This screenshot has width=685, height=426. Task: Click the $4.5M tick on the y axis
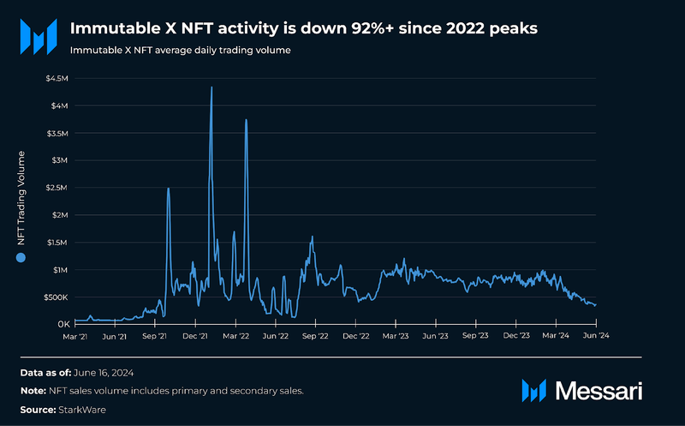coord(57,79)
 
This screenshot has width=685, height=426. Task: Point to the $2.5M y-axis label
coord(57,188)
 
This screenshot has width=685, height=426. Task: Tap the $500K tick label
coord(55,297)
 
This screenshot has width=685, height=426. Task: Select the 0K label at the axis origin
coord(62,325)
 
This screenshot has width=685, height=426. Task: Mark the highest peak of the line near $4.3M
coord(211,87)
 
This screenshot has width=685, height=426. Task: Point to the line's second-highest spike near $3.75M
coord(246,120)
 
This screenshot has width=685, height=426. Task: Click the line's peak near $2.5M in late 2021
coord(168,189)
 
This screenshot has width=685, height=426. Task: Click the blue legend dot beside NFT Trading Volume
coord(21,257)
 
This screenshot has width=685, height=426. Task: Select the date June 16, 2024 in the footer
coord(103,373)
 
